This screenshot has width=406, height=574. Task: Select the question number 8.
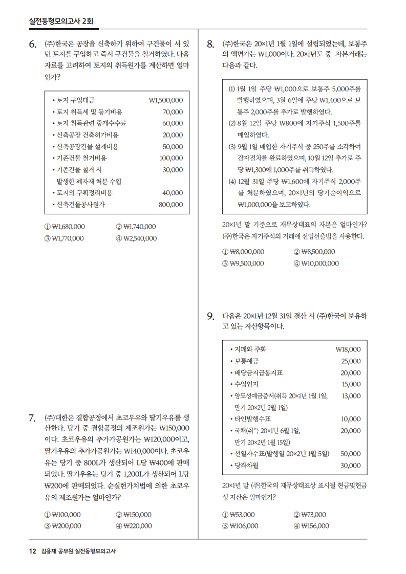[210, 45]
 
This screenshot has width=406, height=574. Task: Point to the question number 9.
[210, 317]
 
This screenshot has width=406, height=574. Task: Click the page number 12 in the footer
[32, 551]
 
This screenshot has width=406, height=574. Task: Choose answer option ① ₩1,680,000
[65, 227]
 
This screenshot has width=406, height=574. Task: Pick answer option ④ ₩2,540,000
[137, 238]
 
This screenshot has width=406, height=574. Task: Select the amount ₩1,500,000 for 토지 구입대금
[165, 100]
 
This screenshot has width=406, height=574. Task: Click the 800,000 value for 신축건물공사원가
[170, 205]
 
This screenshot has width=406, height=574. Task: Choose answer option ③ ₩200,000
[63, 526]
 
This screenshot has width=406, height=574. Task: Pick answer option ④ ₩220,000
[134, 526]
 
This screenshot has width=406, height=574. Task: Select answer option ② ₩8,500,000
[314, 252]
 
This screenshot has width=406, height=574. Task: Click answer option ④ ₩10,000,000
[316, 263]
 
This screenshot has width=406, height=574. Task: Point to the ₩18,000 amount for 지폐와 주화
[348, 349]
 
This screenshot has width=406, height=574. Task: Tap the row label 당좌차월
[246, 466]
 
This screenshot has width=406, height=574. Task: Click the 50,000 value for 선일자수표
[351, 454]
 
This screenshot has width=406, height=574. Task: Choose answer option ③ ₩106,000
[240, 526]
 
